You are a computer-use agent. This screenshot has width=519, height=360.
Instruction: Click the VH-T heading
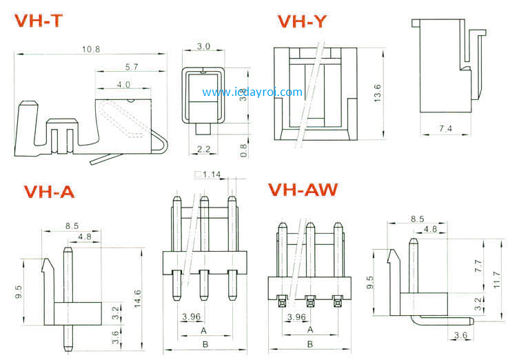39,21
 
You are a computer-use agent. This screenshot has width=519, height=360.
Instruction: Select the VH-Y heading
302,22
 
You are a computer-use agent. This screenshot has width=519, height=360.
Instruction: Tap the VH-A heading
49,192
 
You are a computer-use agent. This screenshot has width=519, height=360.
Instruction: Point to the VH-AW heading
303,189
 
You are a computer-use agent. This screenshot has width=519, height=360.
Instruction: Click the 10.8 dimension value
91,49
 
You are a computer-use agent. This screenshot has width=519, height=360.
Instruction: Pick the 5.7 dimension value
133,67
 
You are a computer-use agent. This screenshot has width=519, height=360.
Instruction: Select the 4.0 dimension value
124,85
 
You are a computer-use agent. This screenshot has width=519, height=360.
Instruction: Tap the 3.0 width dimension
204,46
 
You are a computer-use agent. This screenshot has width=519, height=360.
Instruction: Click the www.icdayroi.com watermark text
252,92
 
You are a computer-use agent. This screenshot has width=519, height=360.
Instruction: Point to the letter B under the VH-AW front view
309,343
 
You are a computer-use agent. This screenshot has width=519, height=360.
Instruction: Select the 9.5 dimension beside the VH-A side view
20,292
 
